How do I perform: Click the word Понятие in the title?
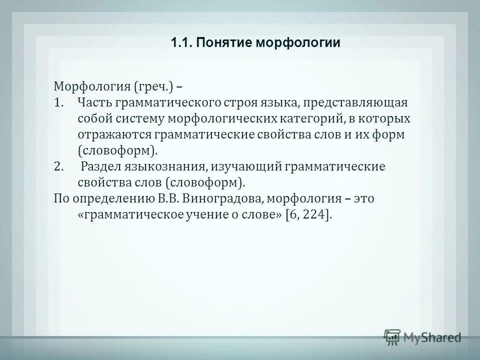(224, 43)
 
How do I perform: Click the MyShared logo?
(422, 336)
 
